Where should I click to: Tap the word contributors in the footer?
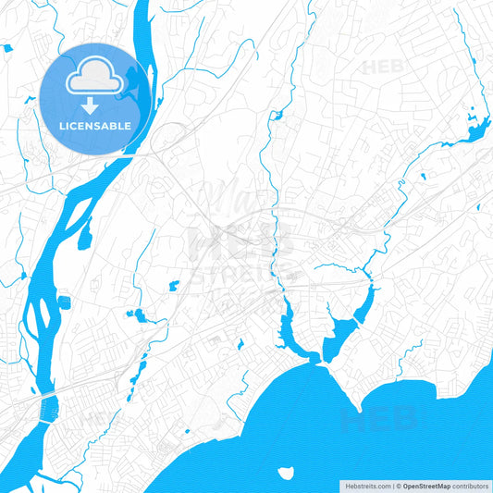[470, 486]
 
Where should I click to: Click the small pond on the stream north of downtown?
[274, 117]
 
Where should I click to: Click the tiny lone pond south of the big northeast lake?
[423, 176]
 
